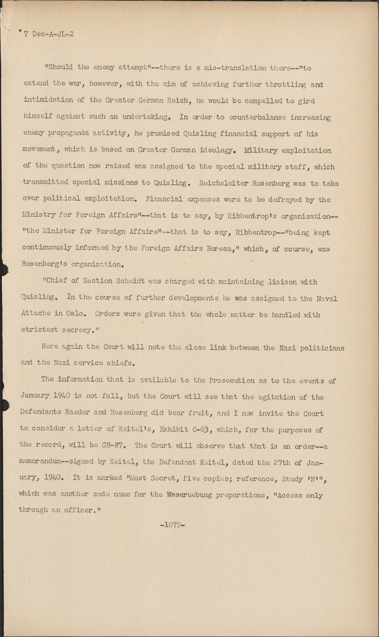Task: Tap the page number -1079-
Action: point(173,524)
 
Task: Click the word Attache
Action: point(34,315)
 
